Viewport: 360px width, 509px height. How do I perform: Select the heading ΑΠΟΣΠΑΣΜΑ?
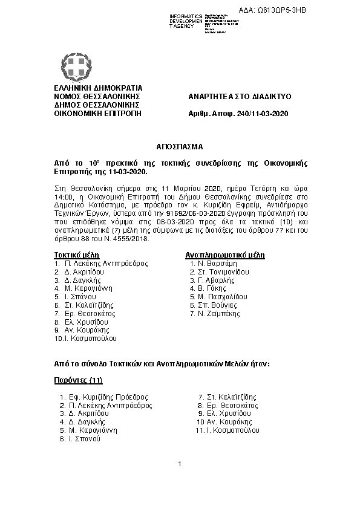[x=180, y=147]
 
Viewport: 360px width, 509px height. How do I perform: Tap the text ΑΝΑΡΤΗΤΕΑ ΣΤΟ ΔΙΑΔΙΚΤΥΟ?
[x=240, y=96]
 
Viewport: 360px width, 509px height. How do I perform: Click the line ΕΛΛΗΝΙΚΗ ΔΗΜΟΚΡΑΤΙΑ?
[x=98, y=88]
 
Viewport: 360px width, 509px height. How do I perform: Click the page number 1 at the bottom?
[x=180, y=464]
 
